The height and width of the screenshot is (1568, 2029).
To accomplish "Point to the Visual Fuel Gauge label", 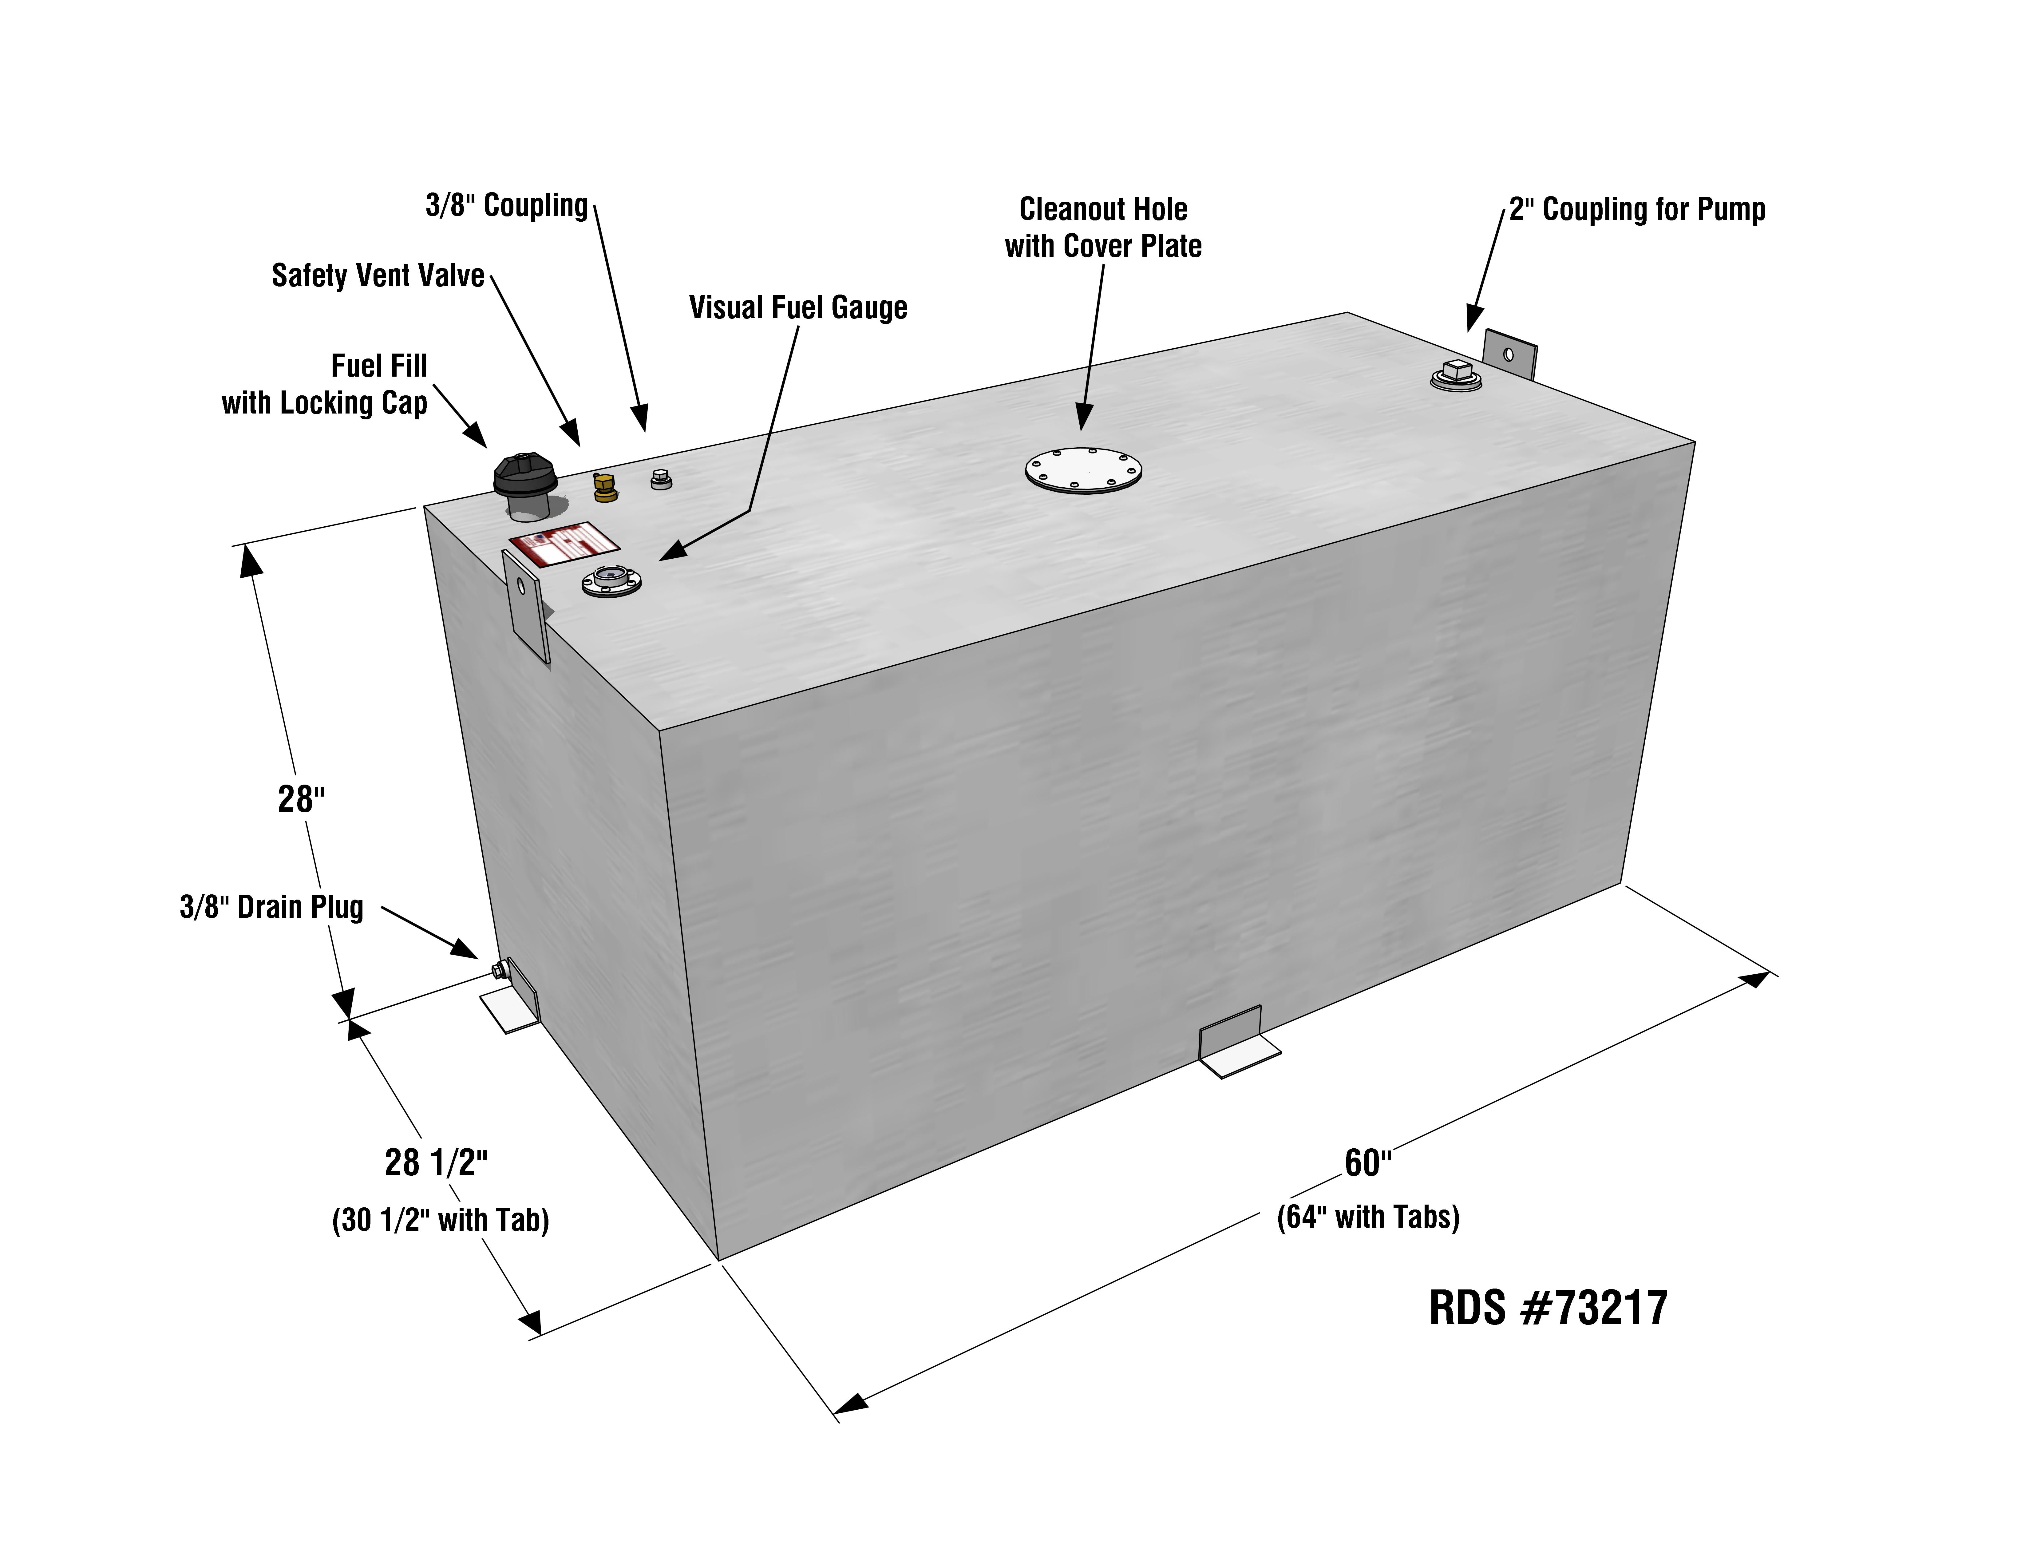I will tap(797, 307).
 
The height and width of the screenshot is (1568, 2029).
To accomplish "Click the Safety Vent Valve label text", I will tap(377, 276).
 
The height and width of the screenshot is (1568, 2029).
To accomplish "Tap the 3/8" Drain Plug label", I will tap(271, 907).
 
